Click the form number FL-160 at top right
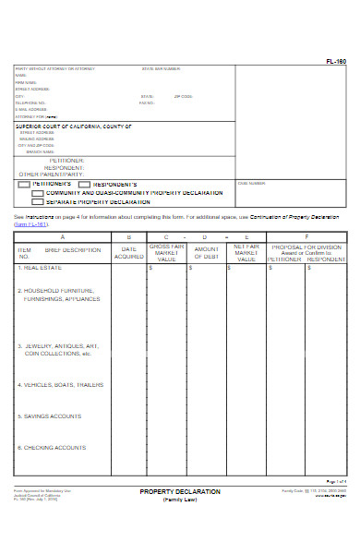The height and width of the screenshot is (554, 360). (336, 62)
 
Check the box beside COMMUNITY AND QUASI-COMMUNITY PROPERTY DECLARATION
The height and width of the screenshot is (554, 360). (51, 193)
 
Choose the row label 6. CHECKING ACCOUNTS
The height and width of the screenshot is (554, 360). (52, 448)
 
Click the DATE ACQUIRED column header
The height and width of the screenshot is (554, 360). (129, 253)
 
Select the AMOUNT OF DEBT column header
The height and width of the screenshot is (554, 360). (207, 253)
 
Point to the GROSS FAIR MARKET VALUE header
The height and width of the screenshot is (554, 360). (167, 253)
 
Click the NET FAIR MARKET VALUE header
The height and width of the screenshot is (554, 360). (246, 253)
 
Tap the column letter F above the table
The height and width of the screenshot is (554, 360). (306, 236)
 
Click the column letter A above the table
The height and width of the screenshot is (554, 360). (62, 236)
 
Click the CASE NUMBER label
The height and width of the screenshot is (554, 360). (251, 183)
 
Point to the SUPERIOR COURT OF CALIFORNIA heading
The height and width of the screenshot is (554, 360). (74, 126)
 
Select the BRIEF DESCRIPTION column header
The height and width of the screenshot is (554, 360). (73, 250)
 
